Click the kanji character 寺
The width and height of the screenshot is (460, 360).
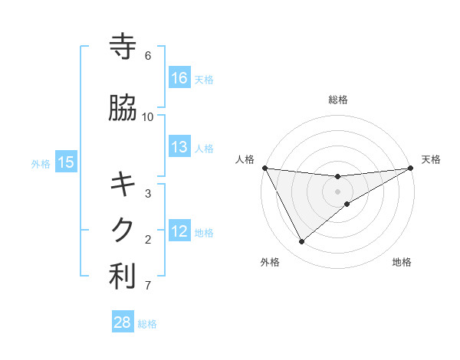[x=123, y=47]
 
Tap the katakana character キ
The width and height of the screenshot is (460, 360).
[x=123, y=184]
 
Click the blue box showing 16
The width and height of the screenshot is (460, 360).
[x=179, y=77]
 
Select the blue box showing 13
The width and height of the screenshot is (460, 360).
[x=179, y=147]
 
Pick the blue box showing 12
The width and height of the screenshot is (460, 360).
[x=179, y=231]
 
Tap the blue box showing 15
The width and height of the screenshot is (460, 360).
[x=66, y=162]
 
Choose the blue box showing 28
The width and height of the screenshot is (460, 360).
[x=123, y=322]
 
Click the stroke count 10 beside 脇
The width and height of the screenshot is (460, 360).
[x=148, y=116]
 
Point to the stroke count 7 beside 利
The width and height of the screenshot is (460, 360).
[x=148, y=286]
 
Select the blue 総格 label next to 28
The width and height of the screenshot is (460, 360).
[x=147, y=324]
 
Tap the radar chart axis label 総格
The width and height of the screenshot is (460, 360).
[x=338, y=100]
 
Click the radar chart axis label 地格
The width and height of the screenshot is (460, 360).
[x=402, y=263]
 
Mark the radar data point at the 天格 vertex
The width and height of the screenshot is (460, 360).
[x=410, y=169]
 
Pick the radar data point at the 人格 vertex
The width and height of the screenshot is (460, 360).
[x=265, y=168]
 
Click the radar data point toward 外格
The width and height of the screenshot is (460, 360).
[x=301, y=242]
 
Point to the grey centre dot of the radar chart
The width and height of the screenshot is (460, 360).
[x=338, y=191]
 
